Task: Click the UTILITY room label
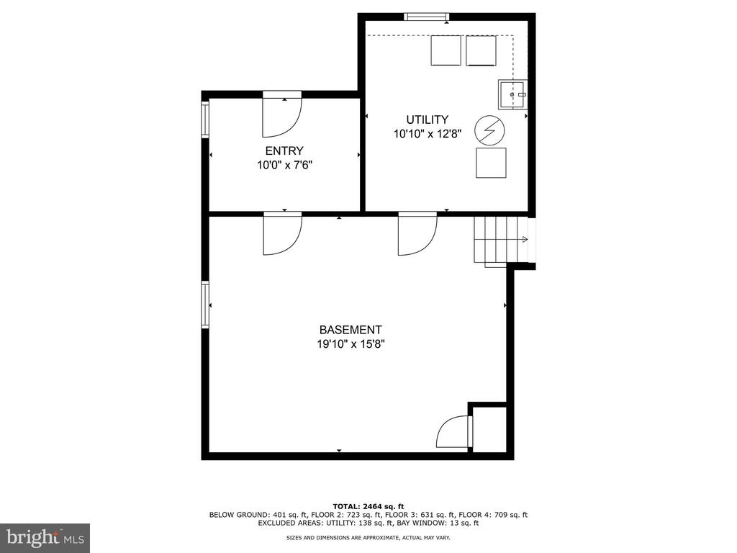(x=428, y=120)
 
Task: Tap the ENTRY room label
(x=284, y=150)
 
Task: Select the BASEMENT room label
(x=351, y=330)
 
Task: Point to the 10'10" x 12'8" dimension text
(x=428, y=134)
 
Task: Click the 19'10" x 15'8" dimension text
(x=351, y=344)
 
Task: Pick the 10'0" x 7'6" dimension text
(x=284, y=165)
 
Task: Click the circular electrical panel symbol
(x=489, y=130)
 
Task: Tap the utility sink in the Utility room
(x=512, y=94)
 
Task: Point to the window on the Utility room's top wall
(x=427, y=17)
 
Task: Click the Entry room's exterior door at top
(x=282, y=114)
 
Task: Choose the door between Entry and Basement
(x=282, y=233)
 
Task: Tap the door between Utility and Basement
(x=417, y=233)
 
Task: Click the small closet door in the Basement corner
(x=454, y=431)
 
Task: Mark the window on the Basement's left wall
(x=205, y=305)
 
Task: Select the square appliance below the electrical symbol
(x=491, y=163)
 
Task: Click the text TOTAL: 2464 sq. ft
(x=368, y=506)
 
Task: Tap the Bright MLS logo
(x=45, y=537)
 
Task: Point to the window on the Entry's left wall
(x=205, y=120)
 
